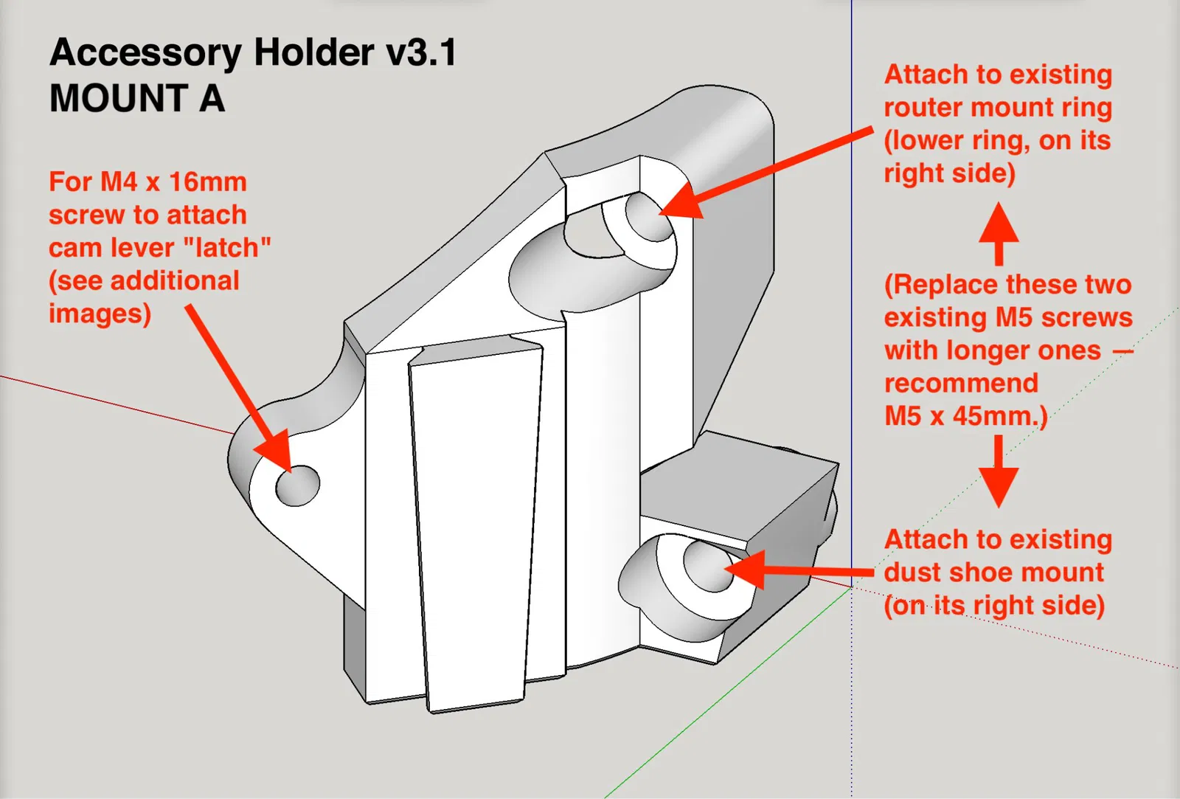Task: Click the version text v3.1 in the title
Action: click(x=421, y=53)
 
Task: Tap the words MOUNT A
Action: click(x=137, y=99)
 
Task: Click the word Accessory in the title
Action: click(x=145, y=53)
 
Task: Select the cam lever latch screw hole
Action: click(x=298, y=485)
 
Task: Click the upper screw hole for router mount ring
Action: click(x=649, y=215)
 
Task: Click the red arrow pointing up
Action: click(x=999, y=232)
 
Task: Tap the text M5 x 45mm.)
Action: click(x=965, y=416)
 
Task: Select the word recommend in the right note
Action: click(x=961, y=383)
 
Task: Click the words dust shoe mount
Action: click(x=994, y=573)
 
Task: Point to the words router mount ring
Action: click(x=998, y=108)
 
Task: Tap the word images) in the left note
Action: click(x=100, y=314)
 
